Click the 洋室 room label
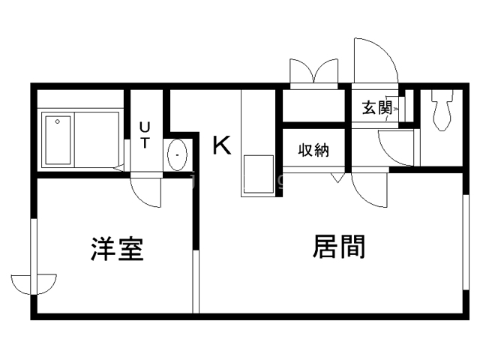[117, 249]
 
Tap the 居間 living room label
[339, 246]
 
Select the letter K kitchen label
[221, 144]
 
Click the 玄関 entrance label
[377, 107]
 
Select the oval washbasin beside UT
[177, 155]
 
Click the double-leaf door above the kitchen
[314, 73]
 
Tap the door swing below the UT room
[146, 190]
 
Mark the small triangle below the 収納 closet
[337, 178]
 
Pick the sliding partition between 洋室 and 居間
[196, 281]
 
